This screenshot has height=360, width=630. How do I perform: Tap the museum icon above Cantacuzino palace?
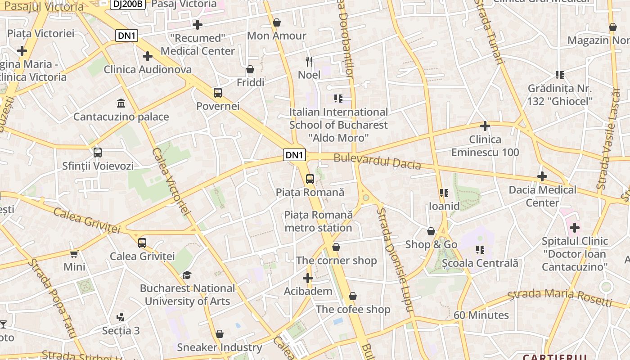coord(121,103)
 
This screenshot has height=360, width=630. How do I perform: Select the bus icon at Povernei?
coord(218,93)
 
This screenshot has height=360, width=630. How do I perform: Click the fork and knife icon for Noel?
coord(309,61)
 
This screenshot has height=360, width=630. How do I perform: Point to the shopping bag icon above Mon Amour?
coord(277,22)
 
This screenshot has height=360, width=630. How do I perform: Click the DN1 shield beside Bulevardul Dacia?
coord(295,155)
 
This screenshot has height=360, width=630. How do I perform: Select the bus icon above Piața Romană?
coord(310,179)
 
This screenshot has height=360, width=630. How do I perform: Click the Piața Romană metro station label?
coord(318,221)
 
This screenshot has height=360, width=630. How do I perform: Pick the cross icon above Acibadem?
coord(308,278)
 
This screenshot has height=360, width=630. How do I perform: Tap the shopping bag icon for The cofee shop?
coord(353,296)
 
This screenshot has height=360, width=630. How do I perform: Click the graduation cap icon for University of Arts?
coord(187,275)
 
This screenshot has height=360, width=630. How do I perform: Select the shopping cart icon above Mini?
coord(74,254)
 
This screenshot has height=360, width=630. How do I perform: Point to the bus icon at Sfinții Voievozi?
coord(98,153)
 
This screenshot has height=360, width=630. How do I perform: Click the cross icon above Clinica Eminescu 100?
coord(485,126)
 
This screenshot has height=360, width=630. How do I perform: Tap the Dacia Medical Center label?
coord(542,196)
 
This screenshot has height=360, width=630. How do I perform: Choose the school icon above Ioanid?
coord(444,193)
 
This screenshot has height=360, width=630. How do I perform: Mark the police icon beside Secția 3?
coord(120,317)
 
